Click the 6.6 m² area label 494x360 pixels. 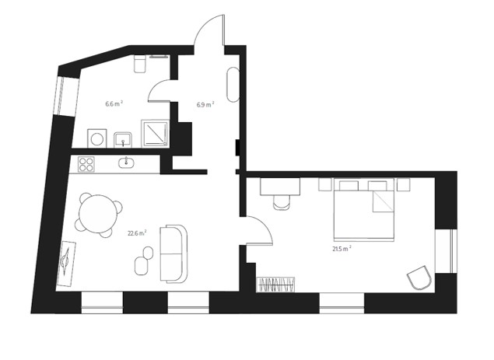114,103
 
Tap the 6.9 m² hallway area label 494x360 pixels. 205,104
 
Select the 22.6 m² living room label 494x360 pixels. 137,233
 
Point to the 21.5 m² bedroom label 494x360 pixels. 342,249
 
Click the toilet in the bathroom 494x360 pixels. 140,64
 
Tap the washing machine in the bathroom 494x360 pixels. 96,138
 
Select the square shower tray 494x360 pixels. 155,133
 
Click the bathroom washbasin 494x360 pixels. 123,139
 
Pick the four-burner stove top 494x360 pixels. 86,164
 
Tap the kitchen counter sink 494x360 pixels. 126,163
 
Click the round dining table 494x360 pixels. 98,214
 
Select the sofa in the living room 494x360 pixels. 173,253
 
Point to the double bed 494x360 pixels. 364,209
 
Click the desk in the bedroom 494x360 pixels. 280,187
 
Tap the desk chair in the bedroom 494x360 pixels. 282,202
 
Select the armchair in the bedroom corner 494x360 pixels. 419,277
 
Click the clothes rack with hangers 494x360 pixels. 276,285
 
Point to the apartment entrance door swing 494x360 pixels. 208,30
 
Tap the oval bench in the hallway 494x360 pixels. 233,85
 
